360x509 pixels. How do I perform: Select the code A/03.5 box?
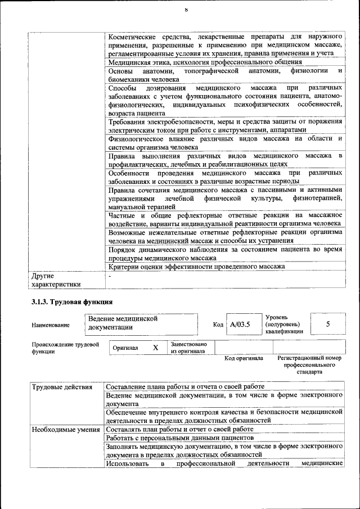pyautogui.click(x=240, y=325)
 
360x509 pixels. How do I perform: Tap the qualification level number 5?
pyautogui.click(x=328, y=324)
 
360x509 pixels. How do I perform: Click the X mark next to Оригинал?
pyautogui.click(x=155, y=348)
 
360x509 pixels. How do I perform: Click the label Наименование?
pyautogui.click(x=51, y=325)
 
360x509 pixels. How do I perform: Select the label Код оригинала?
pyautogui.click(x=244, y=358)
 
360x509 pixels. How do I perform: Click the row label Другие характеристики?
pyautogui.click(x=56, y=280)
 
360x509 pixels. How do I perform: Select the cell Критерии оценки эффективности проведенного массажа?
pyautogui.click(x=196, y=267)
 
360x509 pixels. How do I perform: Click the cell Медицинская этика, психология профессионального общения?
pyautogui.click(x=205, y=62)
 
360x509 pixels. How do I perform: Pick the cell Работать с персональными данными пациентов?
pyautogui.click(x=181, y=438)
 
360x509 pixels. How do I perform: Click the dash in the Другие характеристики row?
pyautogui.click(x=110, y=276)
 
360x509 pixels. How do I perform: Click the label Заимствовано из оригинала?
pyautogui.click(x=188, y=348)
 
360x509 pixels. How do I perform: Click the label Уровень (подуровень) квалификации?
pyautogui.click(x=283, y=324)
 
